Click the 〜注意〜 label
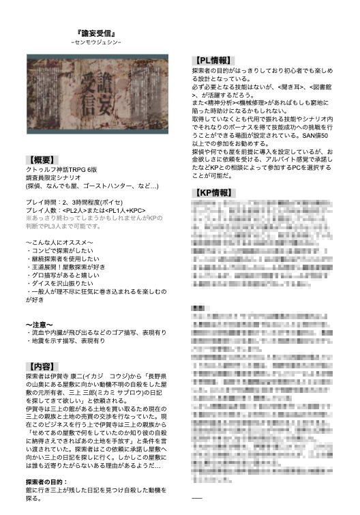[41, 324]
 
